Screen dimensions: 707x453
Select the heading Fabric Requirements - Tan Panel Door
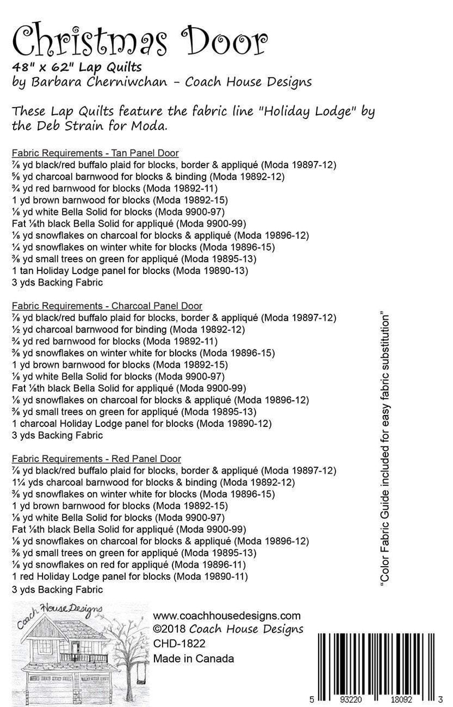click(x=94, y=153)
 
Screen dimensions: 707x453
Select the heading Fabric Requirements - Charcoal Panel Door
click(x=106, y=306)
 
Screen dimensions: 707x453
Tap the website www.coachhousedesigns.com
click(x=226, y=616)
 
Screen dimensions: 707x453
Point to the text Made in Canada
click(x=193, y=658)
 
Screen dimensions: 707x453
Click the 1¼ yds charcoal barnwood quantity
click(x=25, y=482)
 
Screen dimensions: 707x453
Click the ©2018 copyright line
click(x=228, y=629)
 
